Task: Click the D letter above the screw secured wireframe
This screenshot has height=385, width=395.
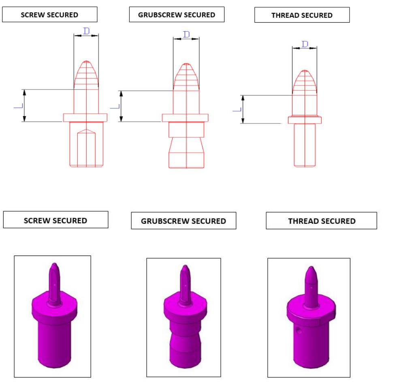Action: click(x=86, y=31)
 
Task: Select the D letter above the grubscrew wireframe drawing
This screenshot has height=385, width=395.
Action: click(x=186, y=34)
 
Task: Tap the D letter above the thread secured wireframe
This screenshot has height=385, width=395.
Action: click(x=305, y=44)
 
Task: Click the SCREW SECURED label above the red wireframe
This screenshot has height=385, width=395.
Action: click(x=50, y=15)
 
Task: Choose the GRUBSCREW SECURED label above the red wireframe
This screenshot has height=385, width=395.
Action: click(x=176, y=15)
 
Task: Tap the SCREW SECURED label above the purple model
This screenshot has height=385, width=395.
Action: click(x=56, y=221)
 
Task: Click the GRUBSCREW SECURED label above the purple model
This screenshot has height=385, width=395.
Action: click(x=183, y=221)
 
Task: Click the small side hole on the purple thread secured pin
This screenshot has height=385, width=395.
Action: click(x=299, y=331)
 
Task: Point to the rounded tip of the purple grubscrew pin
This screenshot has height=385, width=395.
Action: click(x=185, y=268)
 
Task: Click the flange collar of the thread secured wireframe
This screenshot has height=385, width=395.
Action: click(x=305, y=120)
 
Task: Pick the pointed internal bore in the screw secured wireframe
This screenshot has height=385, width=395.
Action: click(x=86, y=146)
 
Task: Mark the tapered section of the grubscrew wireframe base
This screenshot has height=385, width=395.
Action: click(x=186, y=145)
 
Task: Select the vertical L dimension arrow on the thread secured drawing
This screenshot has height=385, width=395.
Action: click(x=243, y=109)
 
